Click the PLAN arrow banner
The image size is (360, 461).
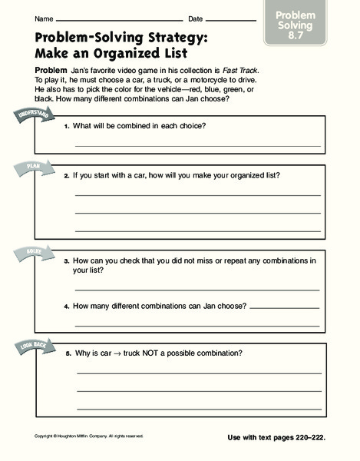tap(31, 166)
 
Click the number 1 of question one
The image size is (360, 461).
tap(67, 125)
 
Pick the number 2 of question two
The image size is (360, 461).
tap(67, 176)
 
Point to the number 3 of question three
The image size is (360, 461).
tap(67, 261)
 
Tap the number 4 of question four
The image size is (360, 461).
tap(67, 307)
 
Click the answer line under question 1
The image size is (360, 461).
tap(197, 144)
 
